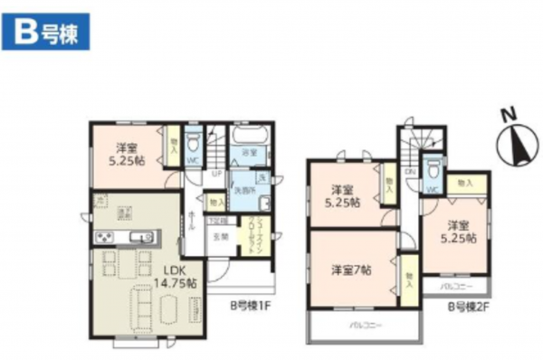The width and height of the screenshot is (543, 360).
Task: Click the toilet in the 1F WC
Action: click(192, 144)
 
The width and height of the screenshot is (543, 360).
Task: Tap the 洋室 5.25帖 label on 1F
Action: click(125, 155)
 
